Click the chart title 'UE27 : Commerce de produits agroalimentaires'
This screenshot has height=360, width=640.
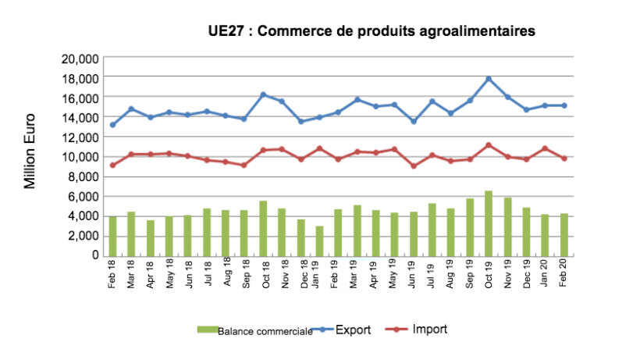372,31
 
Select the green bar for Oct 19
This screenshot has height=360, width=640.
489,223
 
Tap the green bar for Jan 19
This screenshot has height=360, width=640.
319,241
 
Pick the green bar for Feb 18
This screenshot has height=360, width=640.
112,236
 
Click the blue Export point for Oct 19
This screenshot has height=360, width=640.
489,79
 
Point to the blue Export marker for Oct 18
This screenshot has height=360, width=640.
263,94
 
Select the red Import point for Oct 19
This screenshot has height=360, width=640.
489,145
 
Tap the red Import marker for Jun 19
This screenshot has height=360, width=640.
414,166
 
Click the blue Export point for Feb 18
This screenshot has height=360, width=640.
112,125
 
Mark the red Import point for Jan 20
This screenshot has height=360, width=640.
545,148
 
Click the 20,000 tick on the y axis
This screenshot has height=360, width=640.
79,59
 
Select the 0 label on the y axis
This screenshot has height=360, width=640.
94,255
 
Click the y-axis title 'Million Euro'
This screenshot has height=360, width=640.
30,156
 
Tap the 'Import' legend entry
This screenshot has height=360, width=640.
429,330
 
